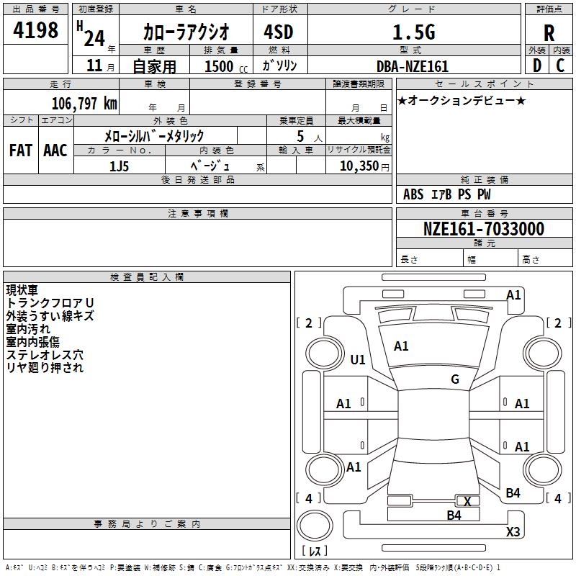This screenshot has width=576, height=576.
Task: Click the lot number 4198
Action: pyautogui.click(x=35, y=30)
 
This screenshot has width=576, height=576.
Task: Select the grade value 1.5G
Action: pyautogui.click(x=414, y=32)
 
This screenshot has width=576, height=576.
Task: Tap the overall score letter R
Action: pyautogui.click(x=549, y=33)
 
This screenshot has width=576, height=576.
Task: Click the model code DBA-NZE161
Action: pyautogui.click(x=413, y=66)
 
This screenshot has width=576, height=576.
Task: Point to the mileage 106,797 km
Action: pyautogui.click(x=84, y=103)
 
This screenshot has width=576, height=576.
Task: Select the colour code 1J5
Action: pyautogui.click(x=119, y=166)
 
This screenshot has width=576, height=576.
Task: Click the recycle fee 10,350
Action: pyautogui.click(x=359, y=166)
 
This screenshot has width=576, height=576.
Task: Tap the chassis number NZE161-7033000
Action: pyautogui.click(x=484, y=228)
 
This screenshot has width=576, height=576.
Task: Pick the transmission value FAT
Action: pyautogui.click(x=21, y=150)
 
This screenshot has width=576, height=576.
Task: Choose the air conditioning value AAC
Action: pyautogui.click(x=55, y=150)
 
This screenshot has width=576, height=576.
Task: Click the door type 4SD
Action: pyautogui.click(x=279, y=32)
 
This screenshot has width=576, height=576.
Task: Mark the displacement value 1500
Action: pyautogui.click(x=219, y=66)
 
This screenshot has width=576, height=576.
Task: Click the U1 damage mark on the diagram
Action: pyautogui.click(x=358, y=359)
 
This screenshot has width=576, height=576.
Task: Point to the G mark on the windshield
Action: pyautogui.click(x=455, y=379)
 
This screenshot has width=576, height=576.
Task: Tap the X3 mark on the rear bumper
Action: pyautogui.click(x=513, y=531)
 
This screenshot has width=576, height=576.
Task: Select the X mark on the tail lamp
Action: pyautogui.click(x=467, y=501)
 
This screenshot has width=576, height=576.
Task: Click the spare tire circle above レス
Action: pyautogui.click(x=315, y=526)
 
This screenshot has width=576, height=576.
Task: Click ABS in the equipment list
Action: pyautogui.click(x=413, y=194)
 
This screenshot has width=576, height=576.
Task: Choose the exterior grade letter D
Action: pyautogui.click(x=537, y=66)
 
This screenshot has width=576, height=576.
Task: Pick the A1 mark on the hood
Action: pyautogui.click(x=401, y=346)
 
